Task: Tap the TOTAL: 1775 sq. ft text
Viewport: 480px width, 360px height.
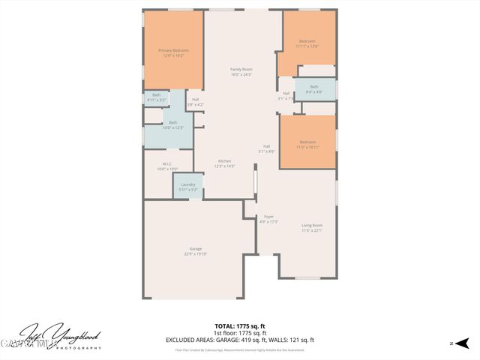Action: pos(239,326)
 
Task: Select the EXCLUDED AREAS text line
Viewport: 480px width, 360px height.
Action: pos(239,340)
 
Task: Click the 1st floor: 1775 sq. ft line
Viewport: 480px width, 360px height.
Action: pos(239,333)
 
